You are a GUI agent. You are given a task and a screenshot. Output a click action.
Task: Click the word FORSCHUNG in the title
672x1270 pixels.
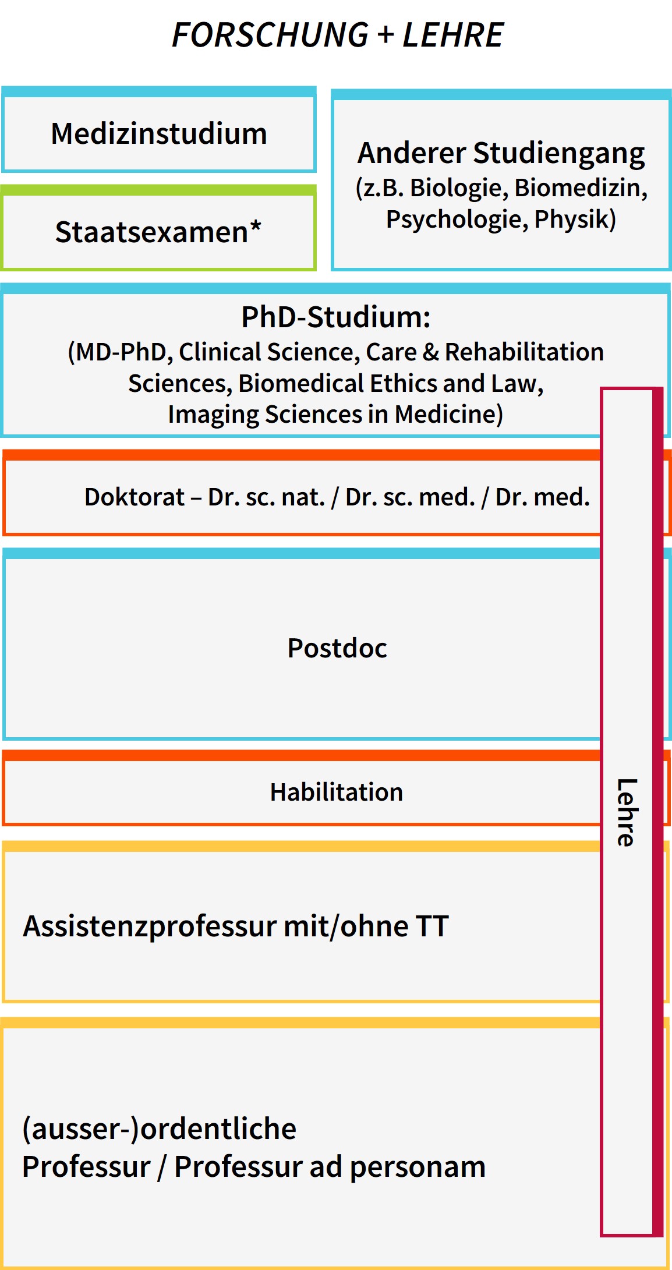coord(270,35)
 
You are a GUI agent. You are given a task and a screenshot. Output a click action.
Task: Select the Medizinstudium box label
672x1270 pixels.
coord(159,134)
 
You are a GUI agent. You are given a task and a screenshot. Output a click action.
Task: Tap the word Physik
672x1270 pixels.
coord(575,220)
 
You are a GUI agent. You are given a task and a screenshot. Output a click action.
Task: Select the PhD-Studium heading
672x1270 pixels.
coord(336,318)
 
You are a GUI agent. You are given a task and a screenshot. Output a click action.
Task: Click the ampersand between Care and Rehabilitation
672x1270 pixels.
coord(430,352)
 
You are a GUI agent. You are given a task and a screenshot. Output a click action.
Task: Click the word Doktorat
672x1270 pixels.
coord(135,497)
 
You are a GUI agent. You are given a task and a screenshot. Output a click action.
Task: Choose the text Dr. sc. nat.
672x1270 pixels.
coord(267,497)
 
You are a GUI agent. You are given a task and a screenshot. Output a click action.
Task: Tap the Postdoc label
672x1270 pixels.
coord(337,648)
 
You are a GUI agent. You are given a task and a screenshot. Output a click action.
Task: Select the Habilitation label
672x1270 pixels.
coord(337,793)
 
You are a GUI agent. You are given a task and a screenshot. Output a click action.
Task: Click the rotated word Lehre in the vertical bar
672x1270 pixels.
coord(627,812)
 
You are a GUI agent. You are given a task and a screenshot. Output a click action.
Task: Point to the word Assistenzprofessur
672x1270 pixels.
coord(148,927)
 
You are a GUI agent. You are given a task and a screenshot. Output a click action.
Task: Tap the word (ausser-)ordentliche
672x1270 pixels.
coord(159,1129)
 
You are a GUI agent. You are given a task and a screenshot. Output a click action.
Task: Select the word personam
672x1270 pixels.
coord(418,1168)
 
